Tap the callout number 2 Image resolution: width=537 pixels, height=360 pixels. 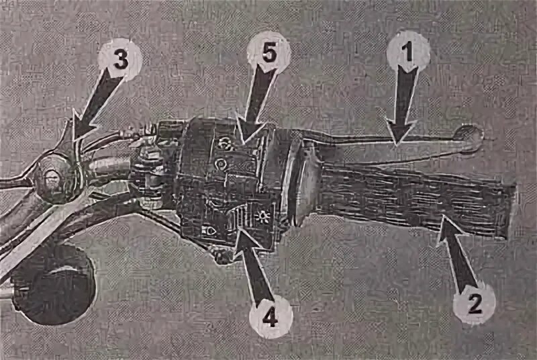coord(475,304)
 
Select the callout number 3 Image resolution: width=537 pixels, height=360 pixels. coord(120,60)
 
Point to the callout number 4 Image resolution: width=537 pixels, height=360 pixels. coord(271,318)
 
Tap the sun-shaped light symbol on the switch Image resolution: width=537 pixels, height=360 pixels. coord(262,217)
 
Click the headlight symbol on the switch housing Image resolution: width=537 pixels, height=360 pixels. coord(209,230)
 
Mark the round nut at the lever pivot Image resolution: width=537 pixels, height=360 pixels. coord(52,180)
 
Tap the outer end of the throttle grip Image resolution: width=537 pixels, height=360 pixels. coord(510,211)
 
